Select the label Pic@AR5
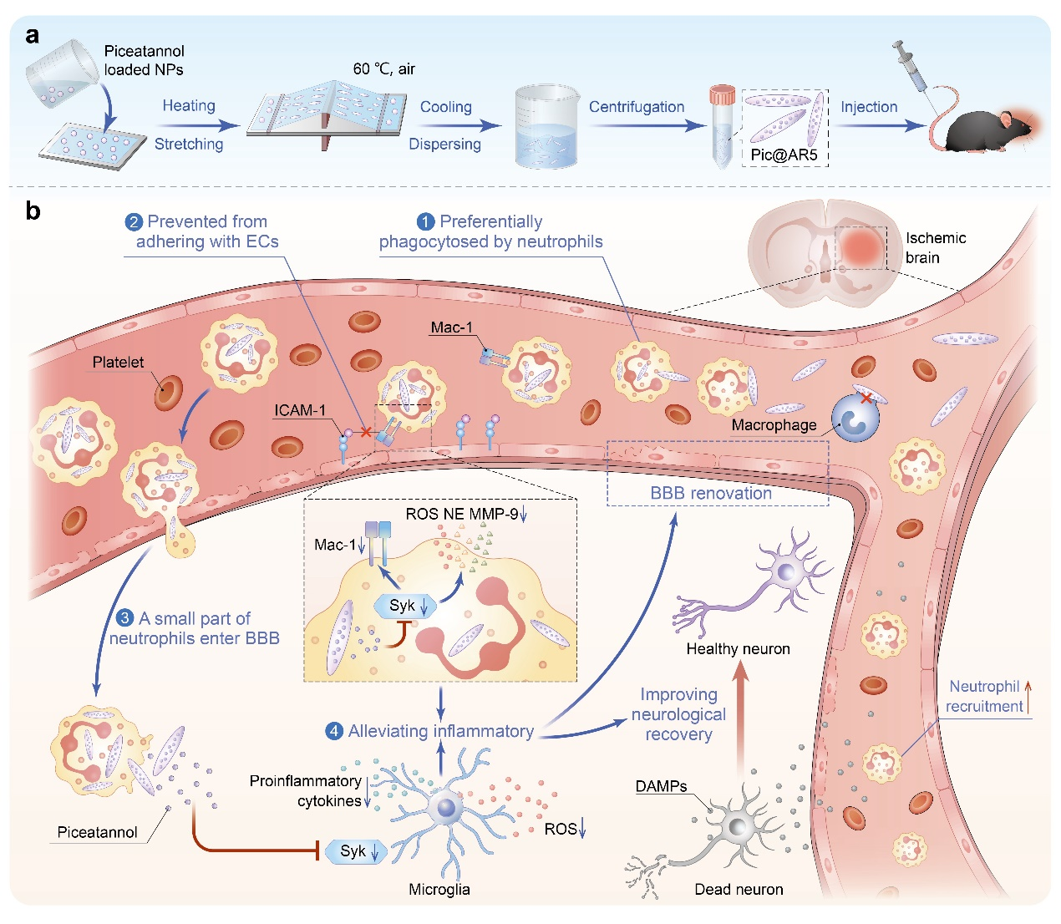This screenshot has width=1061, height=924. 784,155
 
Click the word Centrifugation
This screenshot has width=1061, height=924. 636,107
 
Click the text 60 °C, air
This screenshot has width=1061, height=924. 383,69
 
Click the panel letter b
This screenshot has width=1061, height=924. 33,211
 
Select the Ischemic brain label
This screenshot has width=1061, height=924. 935,248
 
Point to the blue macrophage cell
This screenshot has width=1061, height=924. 855,419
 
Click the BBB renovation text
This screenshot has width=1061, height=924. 711,493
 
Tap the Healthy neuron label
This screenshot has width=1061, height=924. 738,648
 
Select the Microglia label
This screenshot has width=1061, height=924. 439,889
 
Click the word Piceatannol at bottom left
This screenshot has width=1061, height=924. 97,832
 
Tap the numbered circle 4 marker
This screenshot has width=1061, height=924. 334,732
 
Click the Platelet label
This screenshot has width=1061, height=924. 118,363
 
